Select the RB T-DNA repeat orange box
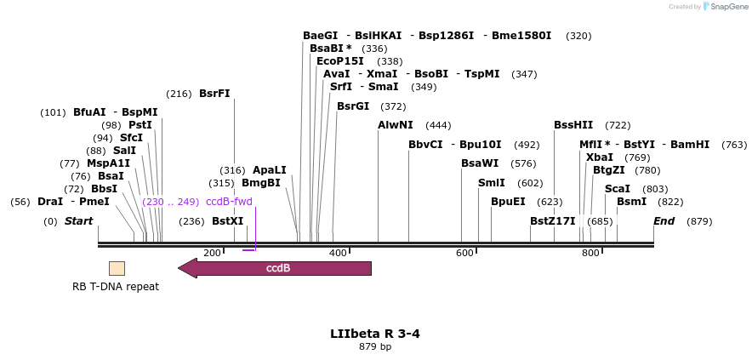point(117,268)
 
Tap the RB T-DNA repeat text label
point(116,287)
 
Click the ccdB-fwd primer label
point(229,202)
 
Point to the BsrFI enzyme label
point(214,94)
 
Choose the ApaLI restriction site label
point(270,170)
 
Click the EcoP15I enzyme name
point(339,61)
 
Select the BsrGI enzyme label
point(353,106)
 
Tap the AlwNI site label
point(396,125)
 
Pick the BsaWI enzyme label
point(480,163)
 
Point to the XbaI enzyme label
point(600,157)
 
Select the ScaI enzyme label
point(618,189)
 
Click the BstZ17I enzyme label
point(553,221)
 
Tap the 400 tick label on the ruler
point(338,253)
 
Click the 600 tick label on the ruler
point(464,253)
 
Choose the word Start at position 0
point(78,221)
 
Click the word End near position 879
point(664,221)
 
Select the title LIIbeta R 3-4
point(375,333)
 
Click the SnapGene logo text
point(730,7)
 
